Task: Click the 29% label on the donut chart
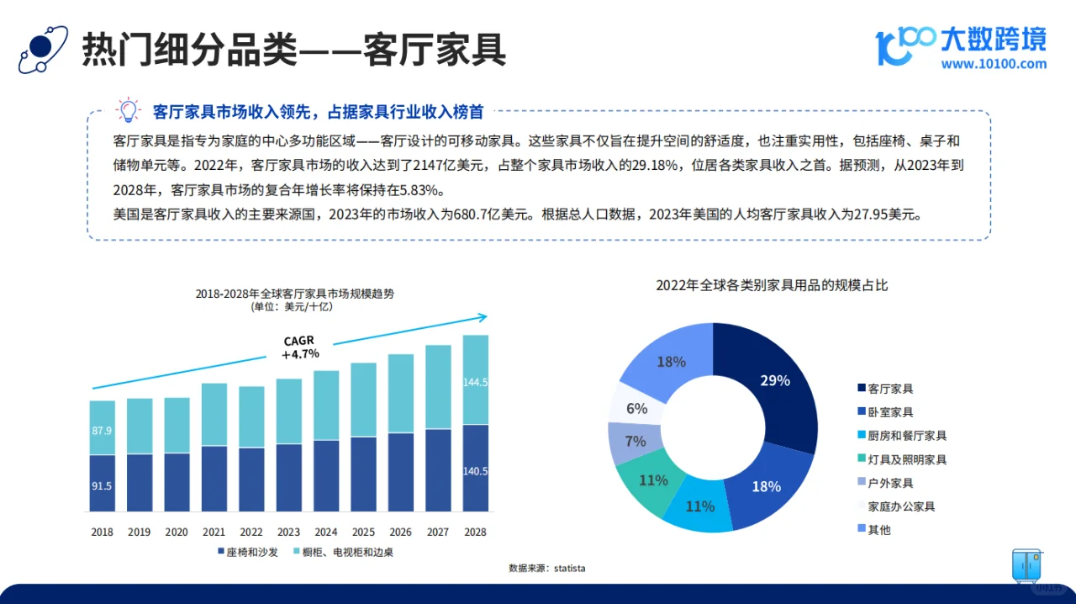[x=774, y=380]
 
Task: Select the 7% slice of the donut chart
[x=635, y=441]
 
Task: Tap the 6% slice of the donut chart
[x=636, y=408]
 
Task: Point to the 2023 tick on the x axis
[x=288, y=532]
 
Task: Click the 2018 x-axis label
[x=102, y=532]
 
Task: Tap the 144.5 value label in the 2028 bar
[x=475, y=382]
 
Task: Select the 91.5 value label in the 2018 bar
[x=102, y=485]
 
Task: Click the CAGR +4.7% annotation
[x=300, y=347]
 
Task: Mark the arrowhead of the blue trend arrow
[x=482, y=317]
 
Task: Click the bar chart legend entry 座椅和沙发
[x=248, y=552]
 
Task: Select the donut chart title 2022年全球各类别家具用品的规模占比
[x=772, y=285]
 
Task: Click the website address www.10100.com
[x=994, y=63]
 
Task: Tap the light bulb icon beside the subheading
[x=128, y=110]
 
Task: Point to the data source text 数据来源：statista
[x=546, y=569]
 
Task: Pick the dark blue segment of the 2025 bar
[x=363, y=474]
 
